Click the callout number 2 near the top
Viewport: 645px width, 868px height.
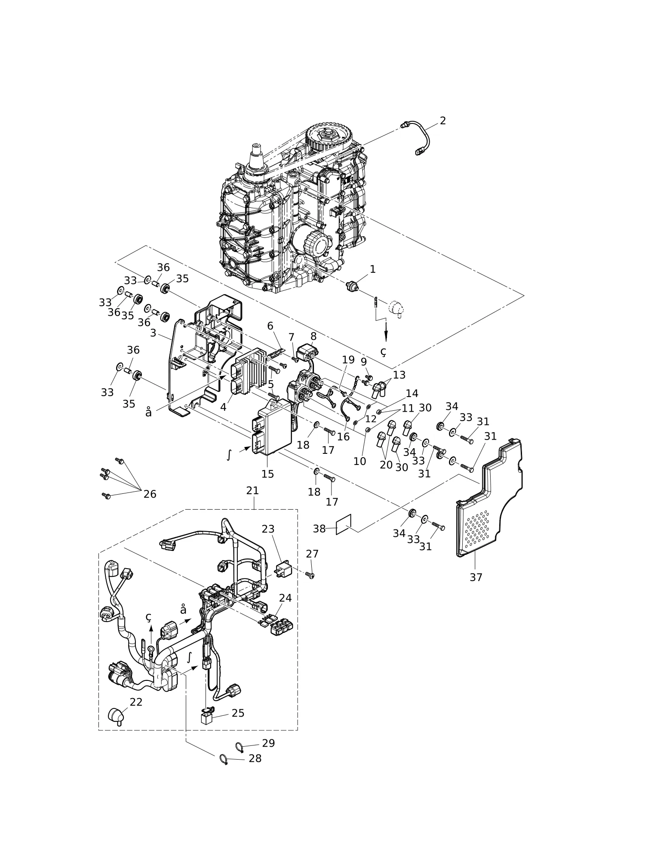click(442, 121)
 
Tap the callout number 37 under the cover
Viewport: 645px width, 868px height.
click(476, 577)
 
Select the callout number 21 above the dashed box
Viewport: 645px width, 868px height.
click(252, 490)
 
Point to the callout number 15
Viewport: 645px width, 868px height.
click(267, 474)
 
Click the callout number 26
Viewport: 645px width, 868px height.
click(150, 494)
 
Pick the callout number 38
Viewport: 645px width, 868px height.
click(319, 529)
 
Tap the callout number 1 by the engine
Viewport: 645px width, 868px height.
click(372, 269)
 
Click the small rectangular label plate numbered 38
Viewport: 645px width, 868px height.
click(344, 524)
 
